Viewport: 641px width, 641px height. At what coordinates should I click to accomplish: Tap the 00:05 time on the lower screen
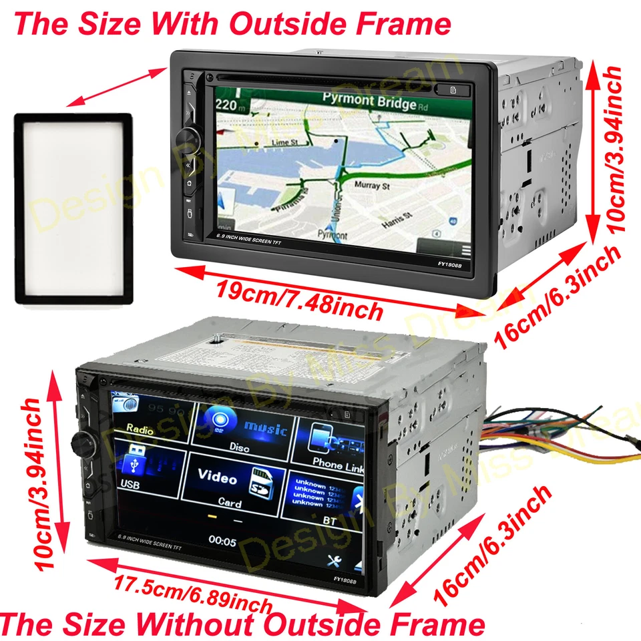click(222, 541)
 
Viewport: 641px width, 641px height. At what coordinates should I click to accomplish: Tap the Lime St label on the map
click(284, 143)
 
